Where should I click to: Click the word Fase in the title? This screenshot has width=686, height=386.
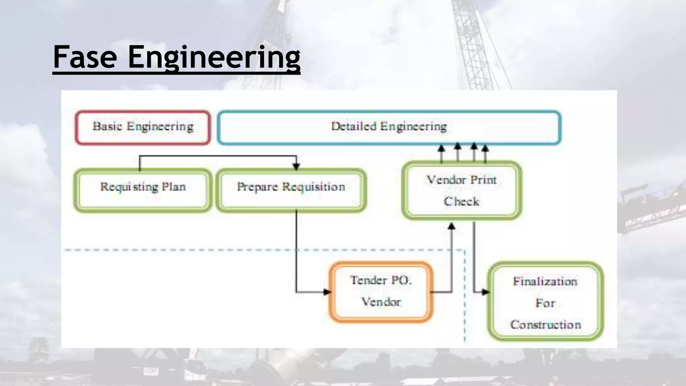85,57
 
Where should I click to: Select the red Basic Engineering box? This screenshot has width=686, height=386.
143,127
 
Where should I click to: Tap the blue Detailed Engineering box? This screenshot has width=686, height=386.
389,127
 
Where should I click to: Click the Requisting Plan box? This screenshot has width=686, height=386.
143,190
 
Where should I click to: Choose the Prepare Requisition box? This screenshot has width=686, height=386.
291,190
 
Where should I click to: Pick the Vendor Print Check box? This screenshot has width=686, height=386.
462,190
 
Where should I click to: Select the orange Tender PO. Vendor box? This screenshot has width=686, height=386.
381,292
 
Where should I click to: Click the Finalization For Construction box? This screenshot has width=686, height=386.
545,302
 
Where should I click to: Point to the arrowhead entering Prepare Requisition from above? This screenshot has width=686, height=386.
296,166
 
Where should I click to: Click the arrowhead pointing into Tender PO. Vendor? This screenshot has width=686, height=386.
327,292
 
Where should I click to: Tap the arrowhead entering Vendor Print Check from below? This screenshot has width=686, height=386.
452,227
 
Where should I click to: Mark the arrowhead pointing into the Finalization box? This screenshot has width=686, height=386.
485,292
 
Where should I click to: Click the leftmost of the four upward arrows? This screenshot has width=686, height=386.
441,148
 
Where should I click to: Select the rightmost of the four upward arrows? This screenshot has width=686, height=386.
485,148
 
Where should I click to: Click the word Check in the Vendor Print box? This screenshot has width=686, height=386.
462,201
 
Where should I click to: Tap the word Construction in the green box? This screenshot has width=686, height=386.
545,325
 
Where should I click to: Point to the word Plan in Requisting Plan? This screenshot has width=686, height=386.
174,187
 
